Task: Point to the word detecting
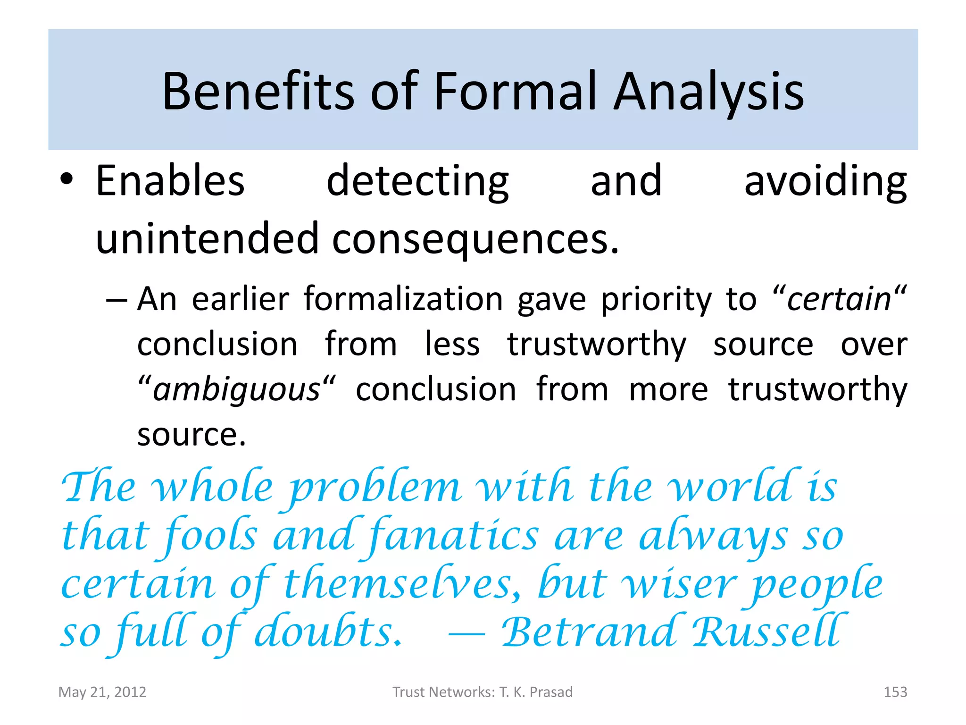coord(417,182)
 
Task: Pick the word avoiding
coord(825,182)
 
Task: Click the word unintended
coord(207,238)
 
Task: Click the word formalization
coord(403,299)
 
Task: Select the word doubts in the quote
coord(328,632)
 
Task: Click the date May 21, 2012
coord(102,692)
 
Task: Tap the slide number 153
coord(895,692)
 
